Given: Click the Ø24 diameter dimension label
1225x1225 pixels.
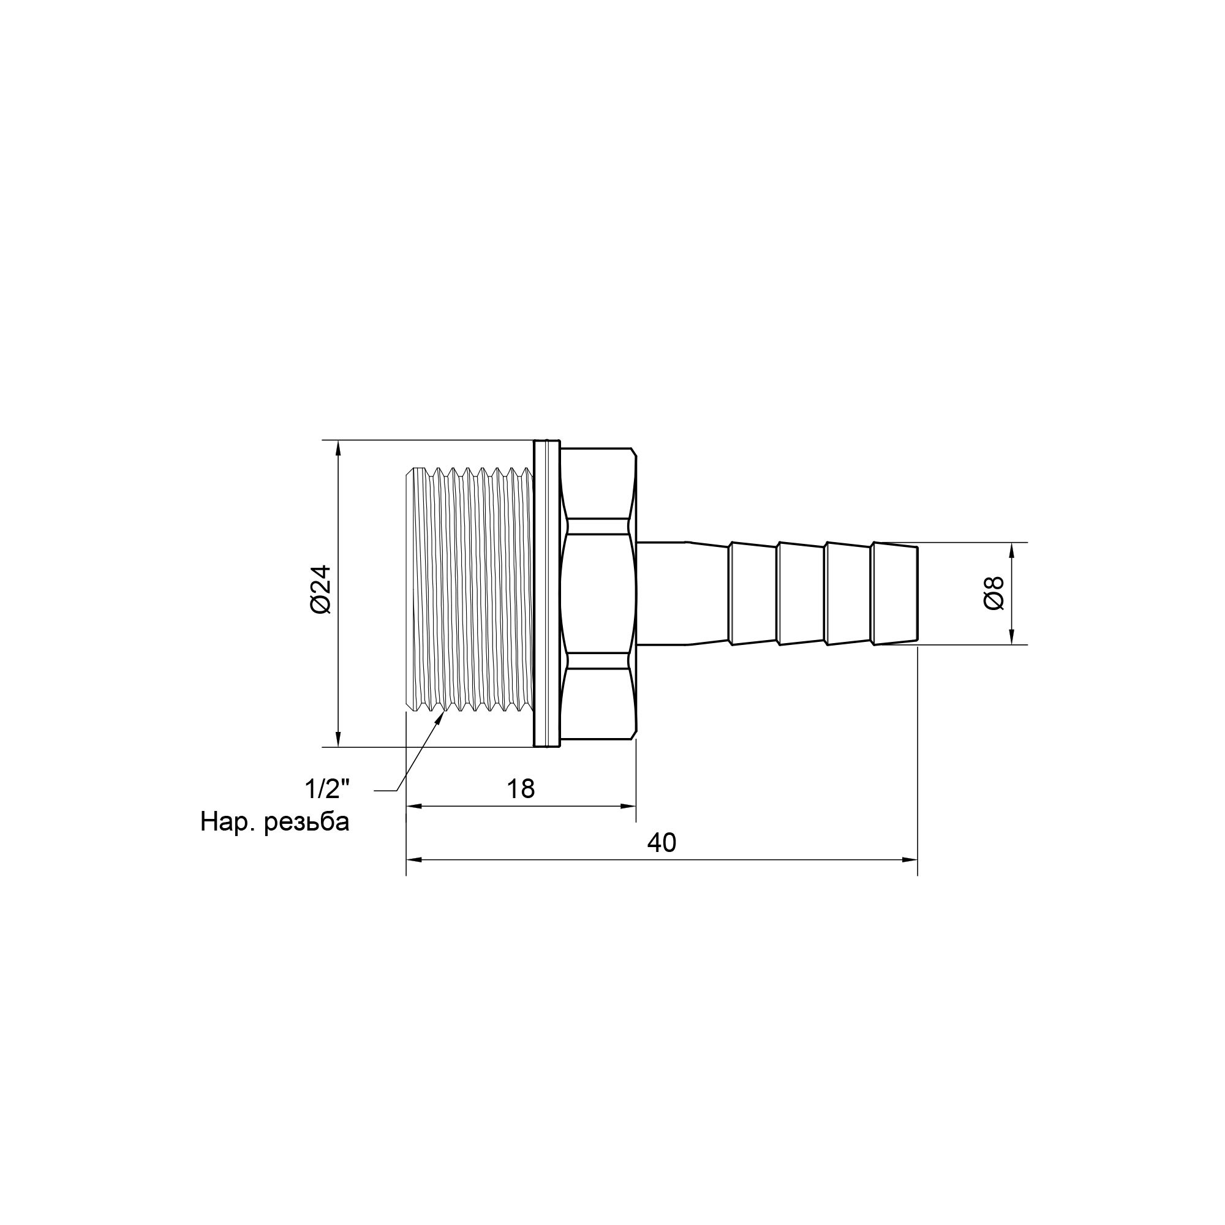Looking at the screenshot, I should (x=322, y=589).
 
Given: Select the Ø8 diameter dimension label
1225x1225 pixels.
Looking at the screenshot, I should (x=994, y=593).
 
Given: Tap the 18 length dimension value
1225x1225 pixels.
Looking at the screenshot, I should (x=521, y=789).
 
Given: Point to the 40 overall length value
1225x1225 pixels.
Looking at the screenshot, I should (x=661, y=843).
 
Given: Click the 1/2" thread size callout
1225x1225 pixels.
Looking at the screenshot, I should (x=327, y=790).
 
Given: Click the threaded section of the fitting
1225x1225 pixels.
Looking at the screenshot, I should (x=469, y=593).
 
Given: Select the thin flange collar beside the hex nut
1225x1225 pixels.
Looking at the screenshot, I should (x=546, y=593).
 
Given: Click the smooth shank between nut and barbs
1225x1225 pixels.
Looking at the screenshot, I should (x=661, y=593).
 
